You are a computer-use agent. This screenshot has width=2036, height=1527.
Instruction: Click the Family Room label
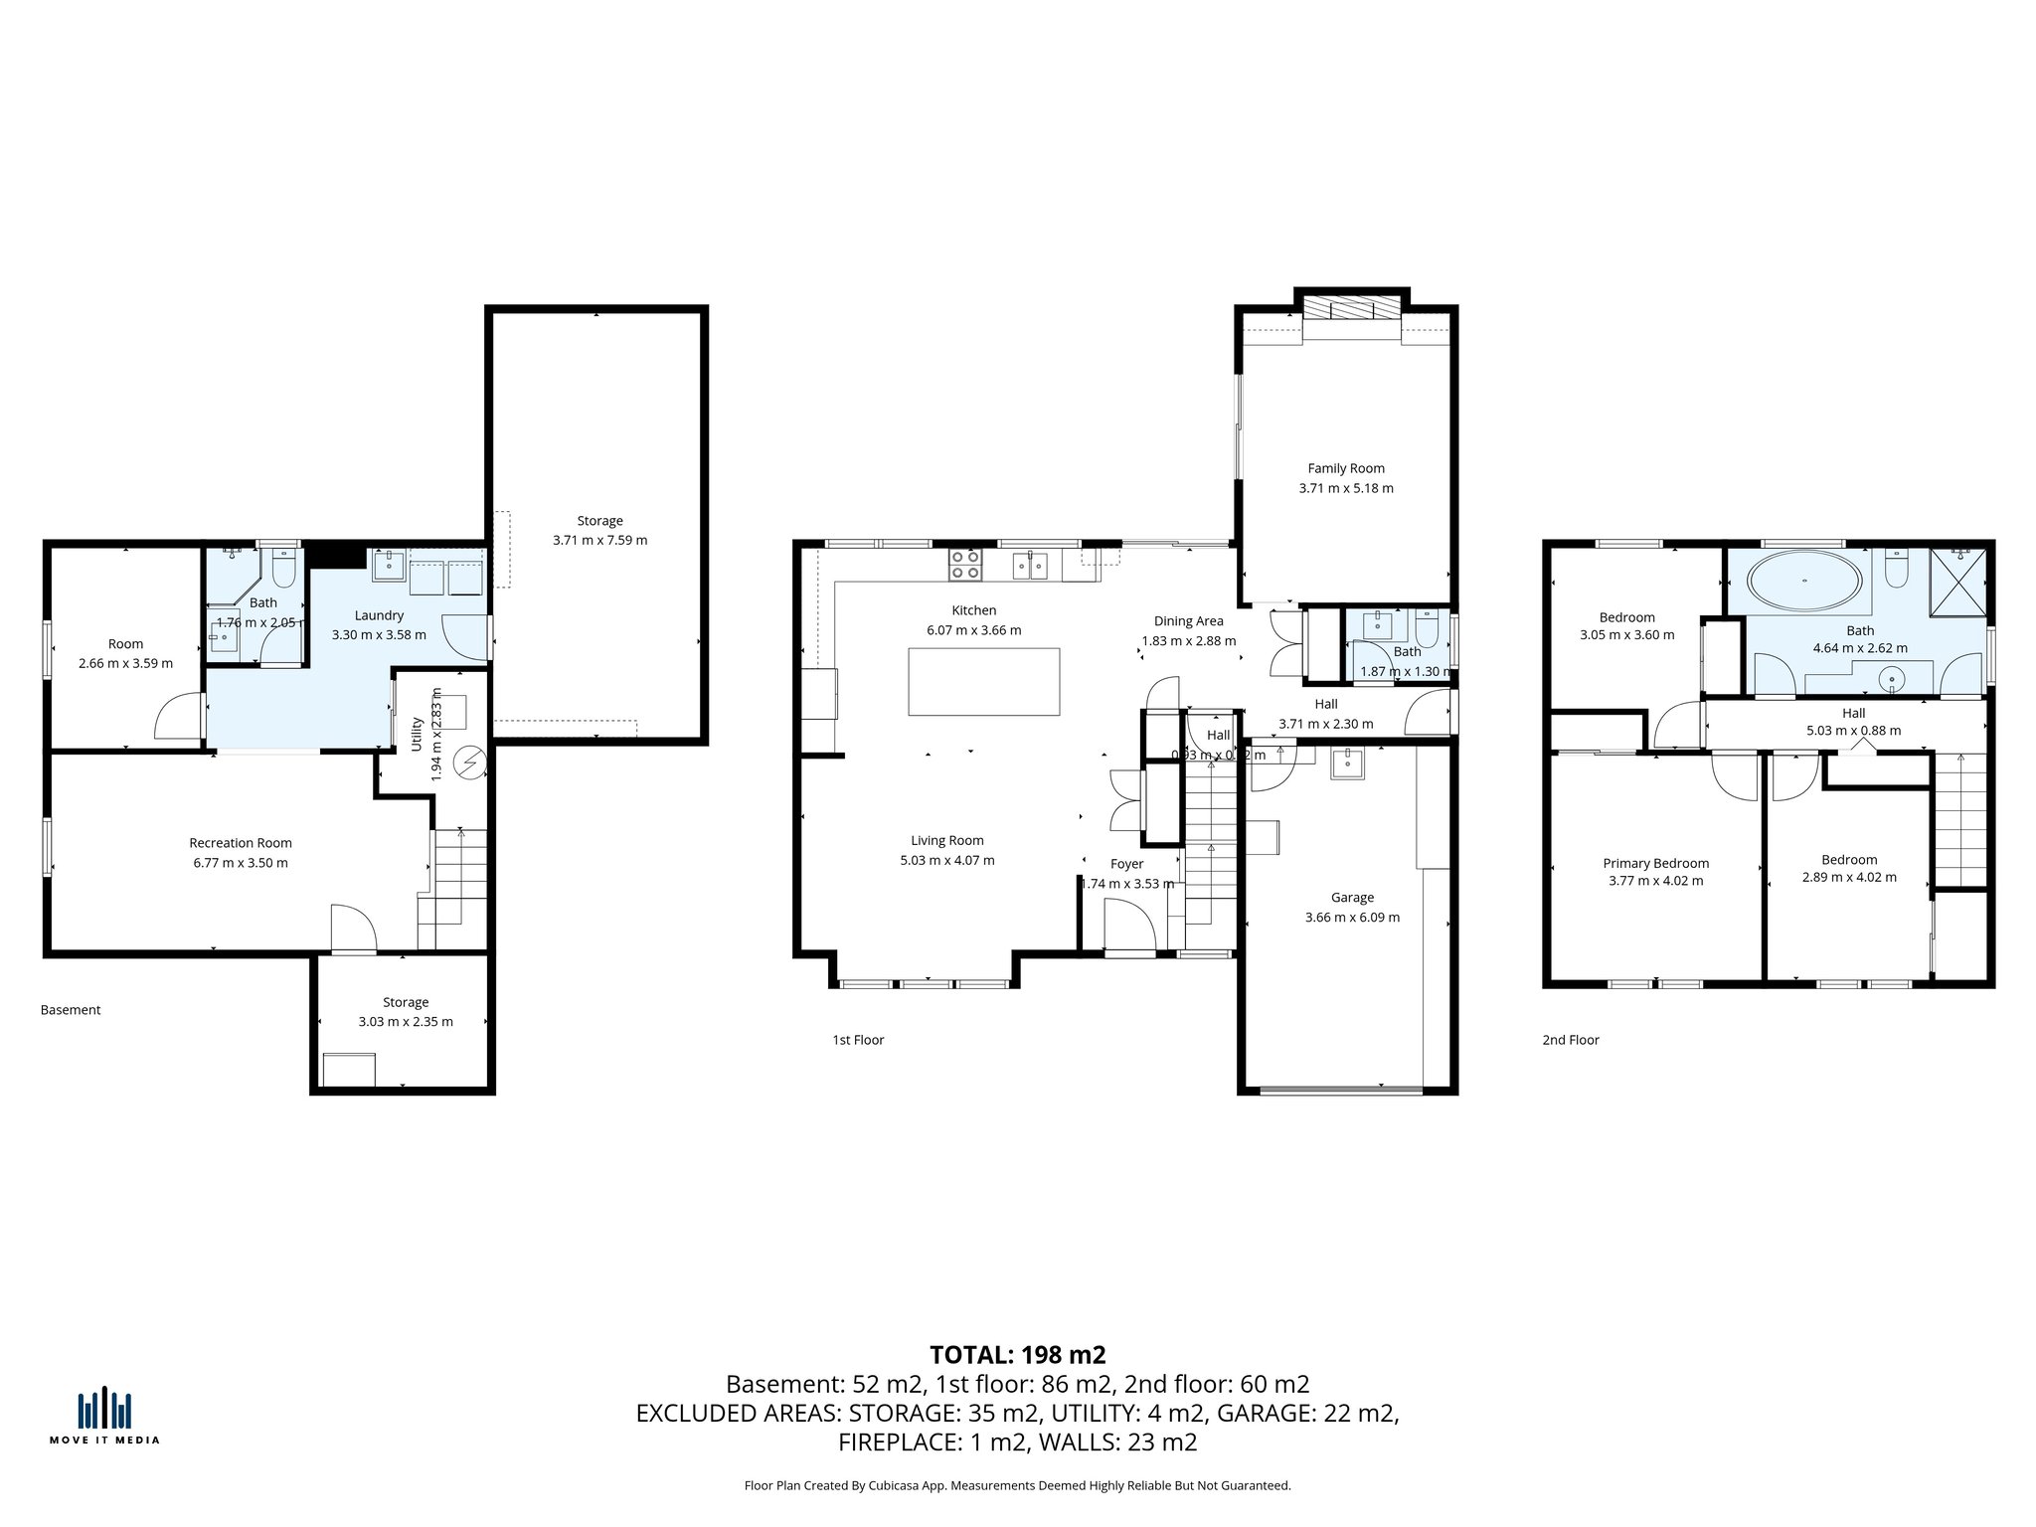1345,468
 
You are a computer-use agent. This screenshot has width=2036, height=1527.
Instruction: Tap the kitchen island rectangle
983,681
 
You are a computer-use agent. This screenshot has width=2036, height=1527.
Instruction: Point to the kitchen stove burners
964,566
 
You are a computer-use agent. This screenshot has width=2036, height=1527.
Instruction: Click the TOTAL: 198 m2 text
1017,1355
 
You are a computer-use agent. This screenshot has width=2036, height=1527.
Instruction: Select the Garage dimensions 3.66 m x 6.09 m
1352,918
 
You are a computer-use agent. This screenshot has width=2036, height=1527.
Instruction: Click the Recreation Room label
241,843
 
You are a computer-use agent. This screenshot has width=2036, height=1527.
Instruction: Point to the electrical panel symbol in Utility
467,763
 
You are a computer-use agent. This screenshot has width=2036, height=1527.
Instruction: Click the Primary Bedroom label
1655,863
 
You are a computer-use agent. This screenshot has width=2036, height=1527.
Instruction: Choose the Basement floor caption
71,1010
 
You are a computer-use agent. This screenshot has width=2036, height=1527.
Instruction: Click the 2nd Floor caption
1571,1040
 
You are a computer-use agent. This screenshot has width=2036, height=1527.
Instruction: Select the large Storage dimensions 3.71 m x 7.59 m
599,540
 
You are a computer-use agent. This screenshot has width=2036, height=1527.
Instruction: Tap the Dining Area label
1188,621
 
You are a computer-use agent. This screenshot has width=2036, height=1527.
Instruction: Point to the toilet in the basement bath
282,570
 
